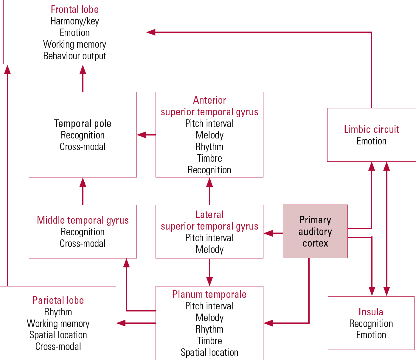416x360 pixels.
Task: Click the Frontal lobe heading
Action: [x=74, y=10]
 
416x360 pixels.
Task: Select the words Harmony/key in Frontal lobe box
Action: [x=74, y=21]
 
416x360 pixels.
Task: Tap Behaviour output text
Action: [x=74, y=56]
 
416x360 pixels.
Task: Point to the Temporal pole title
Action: [x=83, y=124]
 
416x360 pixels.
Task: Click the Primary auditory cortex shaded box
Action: [x=315, y=231]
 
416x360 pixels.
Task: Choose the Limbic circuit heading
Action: [x=371, y=130]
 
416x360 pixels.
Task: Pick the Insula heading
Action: [x=371, y=312]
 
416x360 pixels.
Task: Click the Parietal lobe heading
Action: [x=58, y=300]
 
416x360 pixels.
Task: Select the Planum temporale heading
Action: [x=209, y=294]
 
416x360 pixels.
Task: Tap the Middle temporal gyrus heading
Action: [x=83, y=220]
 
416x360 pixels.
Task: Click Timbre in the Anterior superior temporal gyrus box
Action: [x=209, y=158]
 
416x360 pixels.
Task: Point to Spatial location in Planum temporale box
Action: [x=209, y=353]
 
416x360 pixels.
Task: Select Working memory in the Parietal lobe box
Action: [x=58, y=324]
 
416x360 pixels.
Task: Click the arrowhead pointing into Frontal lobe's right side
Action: [x=151, y=32]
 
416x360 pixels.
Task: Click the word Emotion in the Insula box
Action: [x=371, y=335]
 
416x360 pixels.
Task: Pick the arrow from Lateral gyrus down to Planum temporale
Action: [x=209, y=272]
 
